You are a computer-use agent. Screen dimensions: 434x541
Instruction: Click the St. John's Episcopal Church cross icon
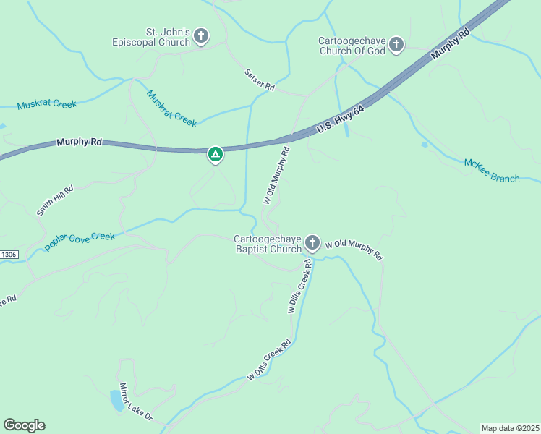201,36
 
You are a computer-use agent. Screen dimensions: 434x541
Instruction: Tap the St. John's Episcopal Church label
168,37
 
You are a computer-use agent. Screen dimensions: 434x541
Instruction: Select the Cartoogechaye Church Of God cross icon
396,46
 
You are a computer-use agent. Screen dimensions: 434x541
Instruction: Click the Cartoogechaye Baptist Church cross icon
312,243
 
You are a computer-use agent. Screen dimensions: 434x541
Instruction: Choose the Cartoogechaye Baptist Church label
268,244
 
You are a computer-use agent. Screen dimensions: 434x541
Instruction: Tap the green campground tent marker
215,154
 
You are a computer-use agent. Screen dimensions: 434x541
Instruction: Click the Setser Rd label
260,80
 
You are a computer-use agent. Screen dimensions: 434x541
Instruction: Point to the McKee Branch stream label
492,171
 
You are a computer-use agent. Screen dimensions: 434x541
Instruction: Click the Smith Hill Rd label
54,199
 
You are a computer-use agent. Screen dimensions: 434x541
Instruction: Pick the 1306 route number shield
7,255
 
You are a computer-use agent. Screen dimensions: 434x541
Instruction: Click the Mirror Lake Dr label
136,401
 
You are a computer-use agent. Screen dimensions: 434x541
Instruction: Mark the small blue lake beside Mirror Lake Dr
116,400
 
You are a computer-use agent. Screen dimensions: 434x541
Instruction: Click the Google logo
24,425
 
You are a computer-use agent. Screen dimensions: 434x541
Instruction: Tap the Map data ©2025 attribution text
510,428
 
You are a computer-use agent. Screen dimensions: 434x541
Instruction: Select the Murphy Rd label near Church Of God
450,44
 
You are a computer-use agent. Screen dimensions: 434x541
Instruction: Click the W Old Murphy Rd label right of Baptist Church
353,250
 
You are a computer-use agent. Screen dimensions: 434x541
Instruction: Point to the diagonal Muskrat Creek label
171,109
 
